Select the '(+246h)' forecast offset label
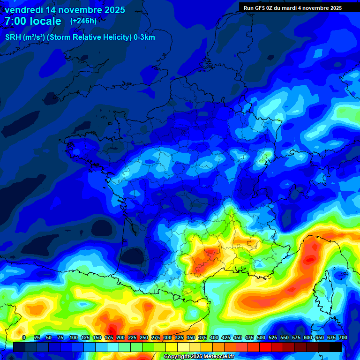(83, 21)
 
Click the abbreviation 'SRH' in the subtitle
(13, 37)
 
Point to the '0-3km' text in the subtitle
(144, 37)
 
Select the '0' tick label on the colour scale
(24, 337)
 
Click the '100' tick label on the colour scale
(74, 337)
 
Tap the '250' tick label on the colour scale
(144, 337)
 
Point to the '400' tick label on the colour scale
(214, 337)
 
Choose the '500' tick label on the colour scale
(261, 337)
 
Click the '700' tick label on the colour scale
(343, 337)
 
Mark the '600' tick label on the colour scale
(308, 337)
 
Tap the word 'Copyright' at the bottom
(177, 357)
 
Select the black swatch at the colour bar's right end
(336, 347)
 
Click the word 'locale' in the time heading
(46, 21)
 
